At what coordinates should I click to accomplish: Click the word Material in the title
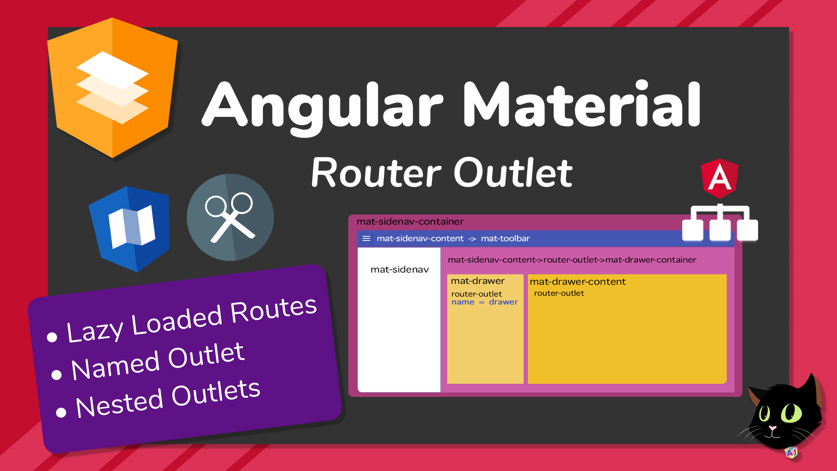tap(582, 104)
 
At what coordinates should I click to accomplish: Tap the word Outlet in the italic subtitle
tap(513, 173)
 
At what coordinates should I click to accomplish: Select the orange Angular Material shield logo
tap(112, 88)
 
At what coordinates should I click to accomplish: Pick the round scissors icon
tap(230, 217)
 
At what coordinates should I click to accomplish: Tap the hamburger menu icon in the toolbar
tap(366, 239)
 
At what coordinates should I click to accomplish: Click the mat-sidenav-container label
tap(410, 222)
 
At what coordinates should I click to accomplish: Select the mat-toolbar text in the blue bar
tap(505, 239)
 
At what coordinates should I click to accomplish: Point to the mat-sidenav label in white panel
tap(400, 270)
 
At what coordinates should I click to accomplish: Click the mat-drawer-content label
tap(578, 282)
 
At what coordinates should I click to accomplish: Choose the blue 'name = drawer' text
tap(484, 302)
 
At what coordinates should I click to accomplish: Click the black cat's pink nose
tap(772, 428)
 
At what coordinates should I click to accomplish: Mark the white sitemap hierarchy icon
tap(720, 222)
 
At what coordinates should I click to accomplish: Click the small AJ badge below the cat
tap(791, 453)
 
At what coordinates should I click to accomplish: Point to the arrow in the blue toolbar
tap(472, 239)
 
